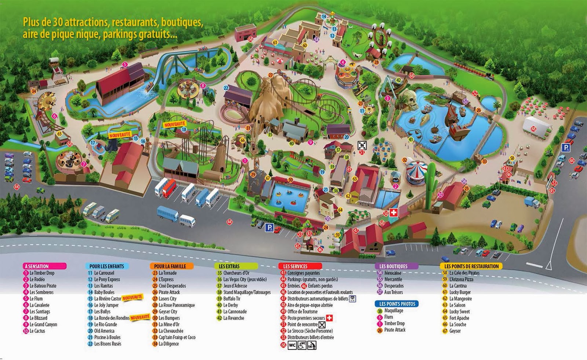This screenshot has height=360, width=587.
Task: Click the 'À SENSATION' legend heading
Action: (37, 266)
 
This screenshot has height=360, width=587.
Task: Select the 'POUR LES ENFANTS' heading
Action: (107, 266)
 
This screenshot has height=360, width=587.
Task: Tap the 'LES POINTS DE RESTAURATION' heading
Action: (471, 266)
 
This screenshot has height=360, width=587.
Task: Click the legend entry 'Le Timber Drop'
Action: (42, 273)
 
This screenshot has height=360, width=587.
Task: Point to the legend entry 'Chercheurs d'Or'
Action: (236, 273)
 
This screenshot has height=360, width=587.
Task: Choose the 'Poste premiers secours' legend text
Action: (306, 318)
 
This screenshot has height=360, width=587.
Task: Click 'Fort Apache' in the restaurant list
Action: (459, 318)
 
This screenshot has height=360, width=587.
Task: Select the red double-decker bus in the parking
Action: (169, 187)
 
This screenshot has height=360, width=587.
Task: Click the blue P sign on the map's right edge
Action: (566, 148)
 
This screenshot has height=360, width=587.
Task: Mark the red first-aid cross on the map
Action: (394, 212)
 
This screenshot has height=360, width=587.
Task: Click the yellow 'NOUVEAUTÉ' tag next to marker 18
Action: (175, 125)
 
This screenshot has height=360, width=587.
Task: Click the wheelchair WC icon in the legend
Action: (302, 345)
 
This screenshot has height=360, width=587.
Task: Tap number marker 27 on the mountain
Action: (270, 75)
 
